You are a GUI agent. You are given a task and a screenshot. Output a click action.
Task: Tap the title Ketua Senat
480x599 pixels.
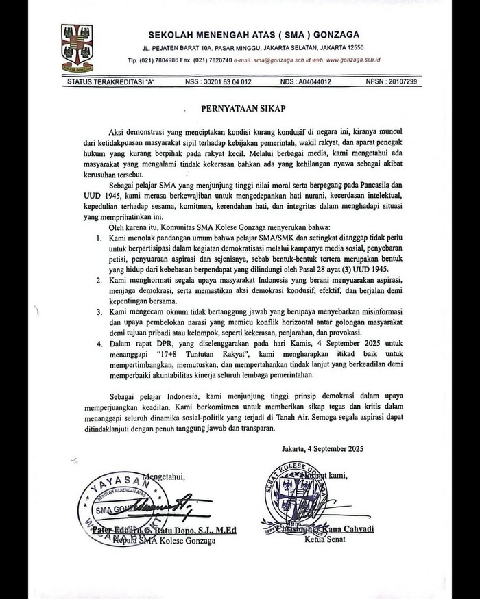point(322,539)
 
